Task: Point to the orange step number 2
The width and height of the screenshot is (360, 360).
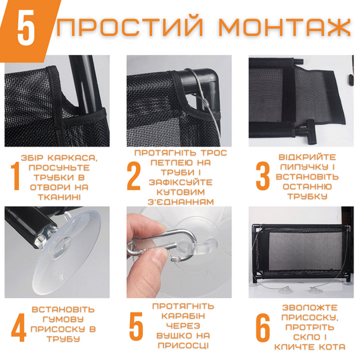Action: [x=133, y=177]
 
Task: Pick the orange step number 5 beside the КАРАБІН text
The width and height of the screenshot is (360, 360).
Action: [x=136, y=326]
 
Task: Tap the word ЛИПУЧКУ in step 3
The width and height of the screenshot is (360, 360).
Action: [x=307, y=167]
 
